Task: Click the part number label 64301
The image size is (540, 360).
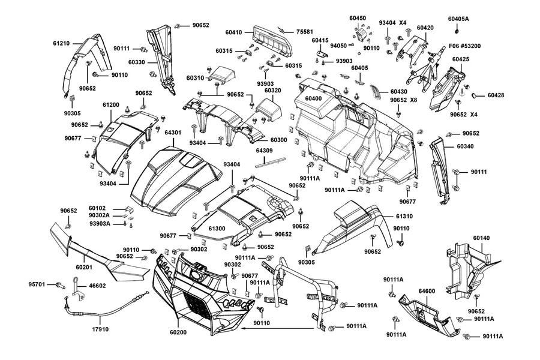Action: pyautogui.click(x=173, y=132)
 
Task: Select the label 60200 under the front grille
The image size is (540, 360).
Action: pyautogui.click(x=178, y=332)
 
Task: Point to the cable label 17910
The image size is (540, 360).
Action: pyautogui.click(x=100, y=329)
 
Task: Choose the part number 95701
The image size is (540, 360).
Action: pyautogui.click(x=37, y=284)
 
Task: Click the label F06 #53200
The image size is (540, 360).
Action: pyautogui.click(x=464, y=46)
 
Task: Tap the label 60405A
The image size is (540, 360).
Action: pyautogui.click(x=458, y=19)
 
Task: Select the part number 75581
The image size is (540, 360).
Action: pyautogui.click(x=305, y=32)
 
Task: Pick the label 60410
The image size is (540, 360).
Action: pyautogui.click(x=234, y=32)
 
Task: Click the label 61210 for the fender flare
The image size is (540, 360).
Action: pyautogui.click(x=61, y=43)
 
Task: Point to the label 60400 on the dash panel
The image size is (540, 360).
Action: pyautogui.click(x=313, y=98)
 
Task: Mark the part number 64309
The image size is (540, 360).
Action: pyautogui.click(x=265, y=151)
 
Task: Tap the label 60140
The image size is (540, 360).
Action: pyautogui.click(x=481, y=238)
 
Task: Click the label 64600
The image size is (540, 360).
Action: pyautogui.click(x=427, y=291)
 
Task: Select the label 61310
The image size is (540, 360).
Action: pyautogui.click(x=404, y=217)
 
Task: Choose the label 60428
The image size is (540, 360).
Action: pyautogui.click(x=496, y=95)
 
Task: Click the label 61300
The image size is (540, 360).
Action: pyautogui.click(x=217, y=229)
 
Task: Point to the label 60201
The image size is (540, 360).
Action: pyautogui.click(x=84, y=267)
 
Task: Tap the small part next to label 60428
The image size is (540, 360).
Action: pyautogui.click(x=474, y=95)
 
